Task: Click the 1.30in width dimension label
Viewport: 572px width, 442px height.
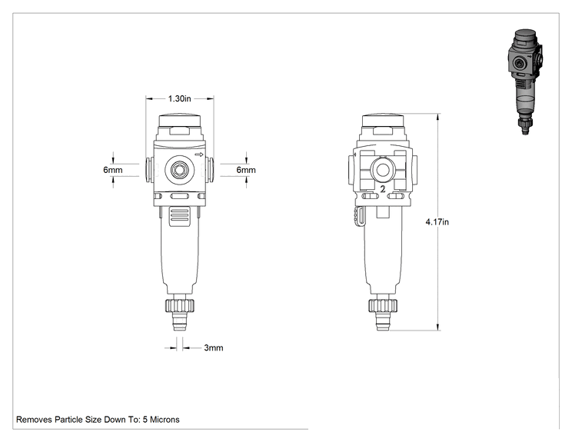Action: tap(179, 98)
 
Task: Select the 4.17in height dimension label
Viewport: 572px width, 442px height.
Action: tap(437, 221)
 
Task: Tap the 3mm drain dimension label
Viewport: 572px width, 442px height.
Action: tap(214, 347)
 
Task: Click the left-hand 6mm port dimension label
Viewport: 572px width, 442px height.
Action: tap(113, 170)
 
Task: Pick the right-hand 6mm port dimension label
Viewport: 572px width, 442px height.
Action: tap(246, 170)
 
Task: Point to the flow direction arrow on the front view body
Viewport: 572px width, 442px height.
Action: tap(199, 155)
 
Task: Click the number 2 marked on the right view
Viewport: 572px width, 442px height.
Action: tap(383, 189)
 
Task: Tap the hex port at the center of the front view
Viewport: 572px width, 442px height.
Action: tap(179, 170)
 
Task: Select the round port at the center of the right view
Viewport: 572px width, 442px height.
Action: tap(383, 170)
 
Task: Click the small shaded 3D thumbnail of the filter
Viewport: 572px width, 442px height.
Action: tap(525, 81)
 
